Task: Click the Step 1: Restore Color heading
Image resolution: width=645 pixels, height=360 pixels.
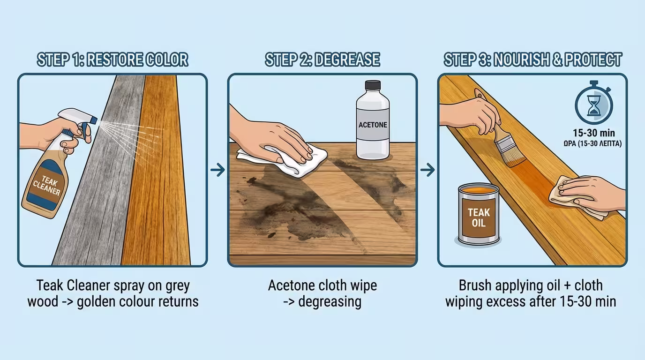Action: (112, 60)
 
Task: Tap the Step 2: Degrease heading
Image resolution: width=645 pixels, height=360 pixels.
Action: (322, 60)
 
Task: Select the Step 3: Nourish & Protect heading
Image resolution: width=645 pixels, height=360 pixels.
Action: (532, 60)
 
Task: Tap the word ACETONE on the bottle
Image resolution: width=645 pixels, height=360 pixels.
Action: (373, 125)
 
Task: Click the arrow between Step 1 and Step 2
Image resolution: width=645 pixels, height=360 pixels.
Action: (217, 170)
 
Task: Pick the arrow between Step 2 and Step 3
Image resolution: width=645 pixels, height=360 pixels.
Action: (427, 170)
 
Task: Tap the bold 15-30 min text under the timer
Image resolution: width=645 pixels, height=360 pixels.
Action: (593, 133)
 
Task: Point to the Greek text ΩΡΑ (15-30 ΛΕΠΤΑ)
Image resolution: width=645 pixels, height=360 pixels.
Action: (593, 143)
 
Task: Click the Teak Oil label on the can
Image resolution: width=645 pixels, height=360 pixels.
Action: (479, 217)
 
